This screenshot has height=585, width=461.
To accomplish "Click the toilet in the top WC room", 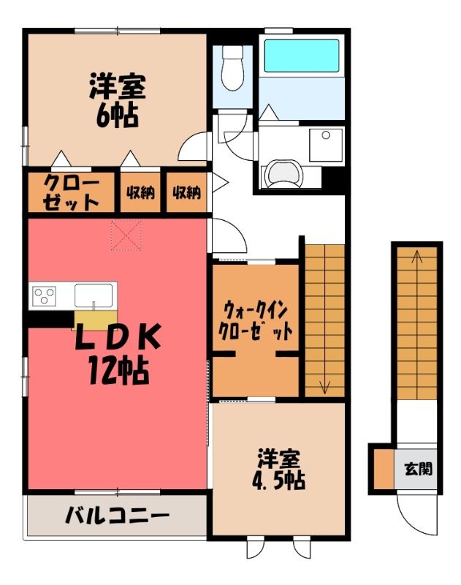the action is point(232,68).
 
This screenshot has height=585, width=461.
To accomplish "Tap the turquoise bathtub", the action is point(302,56).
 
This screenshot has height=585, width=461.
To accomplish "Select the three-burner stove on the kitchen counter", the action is point(44,296).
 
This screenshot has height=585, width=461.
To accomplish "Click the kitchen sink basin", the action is point(94,295).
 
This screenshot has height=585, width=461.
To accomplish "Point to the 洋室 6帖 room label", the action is point(118,100).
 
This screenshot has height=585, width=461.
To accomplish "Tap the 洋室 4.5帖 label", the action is point(279,470).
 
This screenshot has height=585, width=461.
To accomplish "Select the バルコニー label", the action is point(117,516).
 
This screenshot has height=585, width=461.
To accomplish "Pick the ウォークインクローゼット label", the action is point(255,321).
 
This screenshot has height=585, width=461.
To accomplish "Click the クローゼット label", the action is point(71,192).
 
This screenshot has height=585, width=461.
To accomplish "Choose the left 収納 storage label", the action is point(140,192).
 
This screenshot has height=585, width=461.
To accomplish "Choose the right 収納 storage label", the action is point(186,192).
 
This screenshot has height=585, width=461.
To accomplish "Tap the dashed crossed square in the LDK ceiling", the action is point(126,235).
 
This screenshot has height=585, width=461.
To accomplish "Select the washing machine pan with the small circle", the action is point(326,145).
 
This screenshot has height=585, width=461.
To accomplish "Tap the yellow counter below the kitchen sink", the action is point(96,320).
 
